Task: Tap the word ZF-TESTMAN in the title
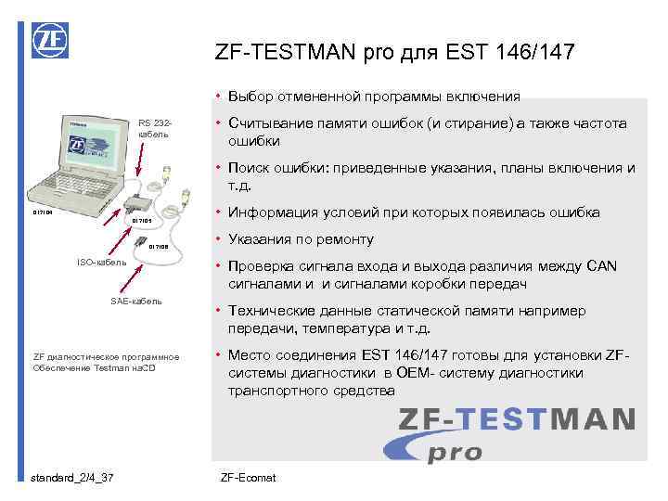273,53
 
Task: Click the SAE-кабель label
136,301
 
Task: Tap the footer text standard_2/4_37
72,477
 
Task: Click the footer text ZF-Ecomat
249,477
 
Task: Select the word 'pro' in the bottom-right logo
455,452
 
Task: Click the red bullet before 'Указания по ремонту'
215,239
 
